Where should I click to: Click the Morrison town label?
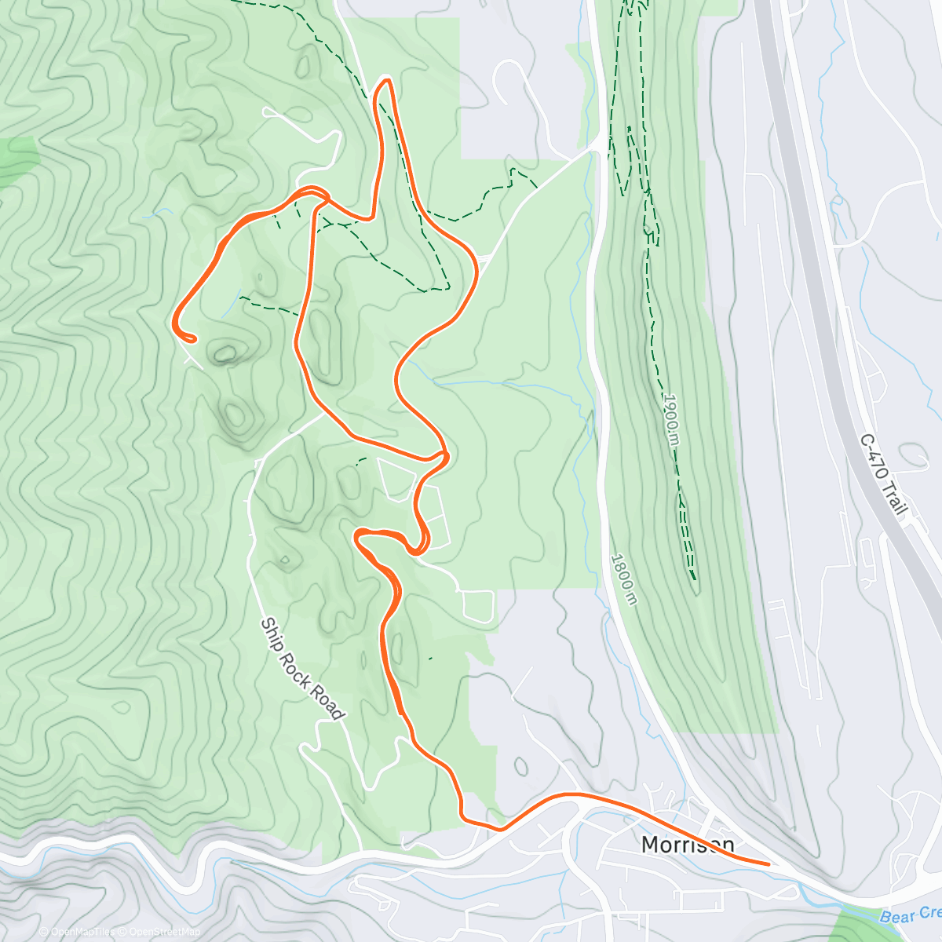(x=688, y=845)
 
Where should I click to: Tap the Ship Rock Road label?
(x=302, y=668)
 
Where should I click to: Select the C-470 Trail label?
(x=885, y=474)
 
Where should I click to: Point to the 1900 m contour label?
(x=670, y=420)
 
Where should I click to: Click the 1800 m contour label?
(x=623, y=579)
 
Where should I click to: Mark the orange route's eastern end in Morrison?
(x=768, y=864)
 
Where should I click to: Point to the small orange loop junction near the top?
(x=312, y=190)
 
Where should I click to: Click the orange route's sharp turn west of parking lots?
(x=358, y=535)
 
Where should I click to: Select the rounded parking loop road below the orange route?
(x=478, y=606)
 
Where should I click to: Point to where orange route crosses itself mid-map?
(x=442, y=455)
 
